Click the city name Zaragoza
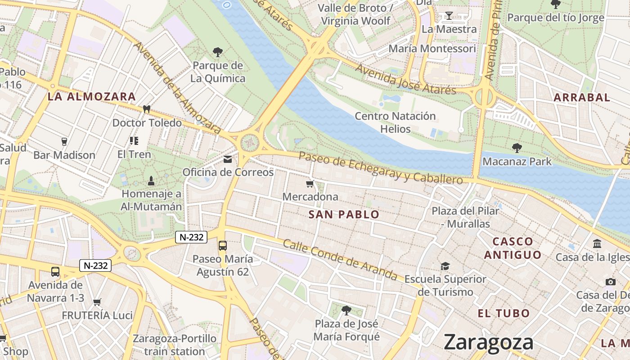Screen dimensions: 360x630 tap(488, 342)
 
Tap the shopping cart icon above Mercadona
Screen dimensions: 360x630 tap(310, 184)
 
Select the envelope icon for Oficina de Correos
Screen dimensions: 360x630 tap(228, 159)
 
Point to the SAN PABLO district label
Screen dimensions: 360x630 tap(344, 215)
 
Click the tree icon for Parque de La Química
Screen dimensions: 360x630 tap(218, 52)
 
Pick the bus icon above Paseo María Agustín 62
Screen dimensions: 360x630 tap(223, 245)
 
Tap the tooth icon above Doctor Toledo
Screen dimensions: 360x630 tap(146, 109)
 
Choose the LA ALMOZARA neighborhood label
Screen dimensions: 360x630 tap(92, 96)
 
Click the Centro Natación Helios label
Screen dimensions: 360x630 tap(395, 122)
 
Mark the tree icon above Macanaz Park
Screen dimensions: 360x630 tap(517, 148)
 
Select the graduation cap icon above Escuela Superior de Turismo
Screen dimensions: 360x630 tap(445, 265)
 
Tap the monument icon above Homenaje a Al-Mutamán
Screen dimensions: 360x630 tap(151, 180)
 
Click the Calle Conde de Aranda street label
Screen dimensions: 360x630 tap(340, 260)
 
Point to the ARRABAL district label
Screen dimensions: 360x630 tap(581, 97)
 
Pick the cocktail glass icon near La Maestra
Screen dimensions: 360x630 tap(449, 16)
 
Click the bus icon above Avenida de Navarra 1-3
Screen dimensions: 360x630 tap(55, 272)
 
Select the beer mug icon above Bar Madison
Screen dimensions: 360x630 tap(64, 141)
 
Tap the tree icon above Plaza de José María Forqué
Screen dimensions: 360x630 tap(346, 310)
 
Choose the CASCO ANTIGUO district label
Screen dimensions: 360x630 tap(513, 248)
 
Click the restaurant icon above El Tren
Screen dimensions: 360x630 tap(134, 141)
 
